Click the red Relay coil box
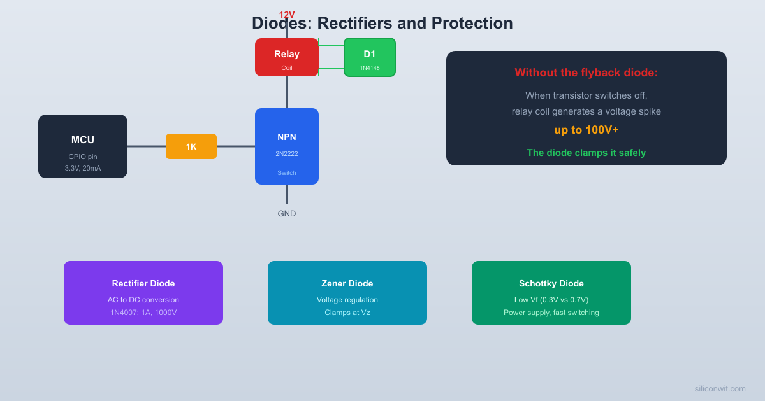287,57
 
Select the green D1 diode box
370,57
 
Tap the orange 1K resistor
191,146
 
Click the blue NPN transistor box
287,146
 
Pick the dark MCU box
83,146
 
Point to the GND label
287,214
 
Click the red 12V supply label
287,15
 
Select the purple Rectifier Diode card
143,293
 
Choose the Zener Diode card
347,293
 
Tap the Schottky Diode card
551,293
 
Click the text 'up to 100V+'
586,130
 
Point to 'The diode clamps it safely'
586,153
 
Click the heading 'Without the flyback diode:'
586,73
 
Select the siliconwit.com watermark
720,388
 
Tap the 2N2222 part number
287,154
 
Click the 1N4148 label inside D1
370,68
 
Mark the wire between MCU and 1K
147,146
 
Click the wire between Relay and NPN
287,92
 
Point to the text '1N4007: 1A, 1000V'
143,313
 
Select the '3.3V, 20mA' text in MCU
83,168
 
